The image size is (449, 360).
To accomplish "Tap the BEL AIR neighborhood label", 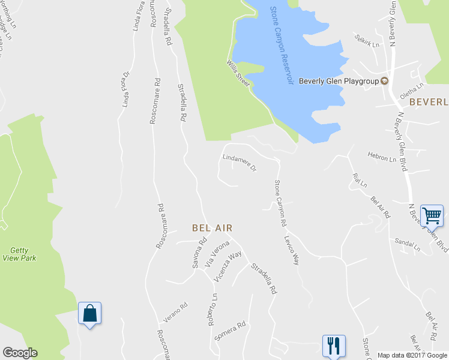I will coord(212,228).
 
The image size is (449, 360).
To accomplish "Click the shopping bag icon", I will coord(89,313).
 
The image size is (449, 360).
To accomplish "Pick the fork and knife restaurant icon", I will coord(334,346).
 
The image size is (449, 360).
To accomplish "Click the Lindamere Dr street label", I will coord(239,163).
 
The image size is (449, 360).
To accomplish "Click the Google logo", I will coord(20,353).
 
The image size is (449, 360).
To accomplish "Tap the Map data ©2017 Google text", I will coord(412,355).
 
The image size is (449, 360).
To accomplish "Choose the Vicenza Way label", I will coord(228,263).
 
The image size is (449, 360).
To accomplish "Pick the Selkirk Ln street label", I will coord(367,43).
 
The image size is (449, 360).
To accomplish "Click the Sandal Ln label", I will coord(408,243).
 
